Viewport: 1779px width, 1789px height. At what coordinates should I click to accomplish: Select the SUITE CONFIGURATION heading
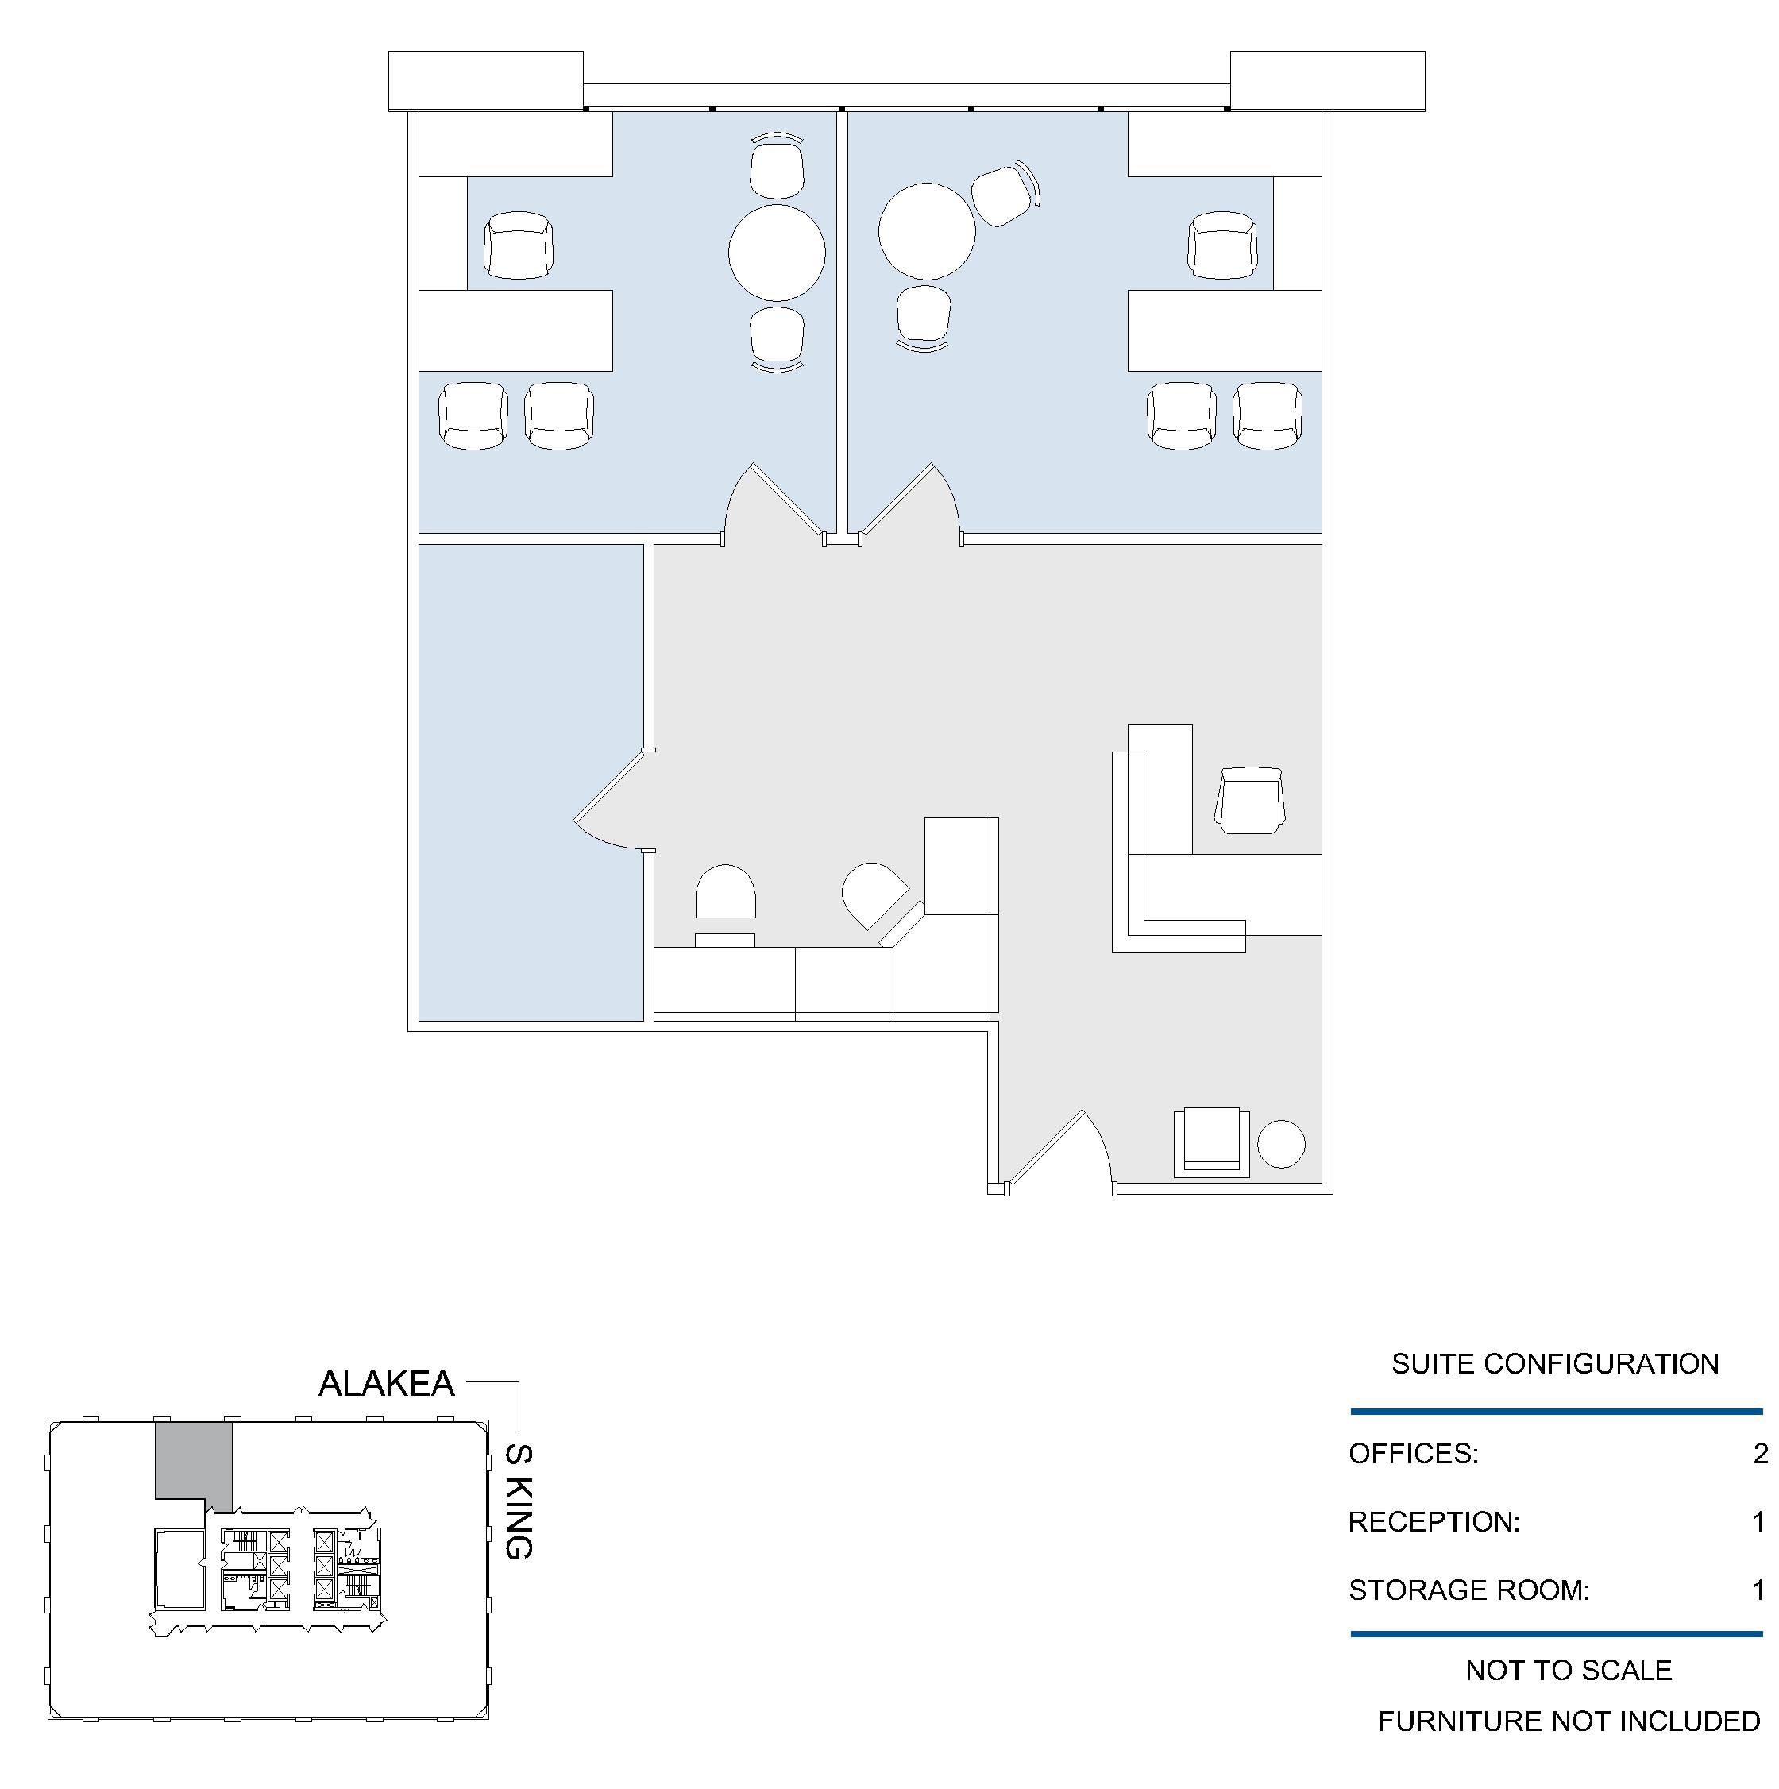(1555, 1363)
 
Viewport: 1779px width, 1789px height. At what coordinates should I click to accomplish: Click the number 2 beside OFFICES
(1761, 1454)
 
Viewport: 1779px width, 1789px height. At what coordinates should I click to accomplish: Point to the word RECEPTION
(1434, 1521)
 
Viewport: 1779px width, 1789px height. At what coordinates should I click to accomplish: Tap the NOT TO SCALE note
(1569, 1671)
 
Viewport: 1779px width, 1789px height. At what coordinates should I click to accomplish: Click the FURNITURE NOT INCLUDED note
(1569, 1721)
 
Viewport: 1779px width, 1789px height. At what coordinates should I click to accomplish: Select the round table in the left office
(777, 253)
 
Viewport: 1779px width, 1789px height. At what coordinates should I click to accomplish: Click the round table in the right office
(927, 231)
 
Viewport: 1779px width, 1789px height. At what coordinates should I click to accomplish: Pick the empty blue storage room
(531, 782)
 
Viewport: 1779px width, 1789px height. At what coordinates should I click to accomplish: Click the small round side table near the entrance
(1282, 1145)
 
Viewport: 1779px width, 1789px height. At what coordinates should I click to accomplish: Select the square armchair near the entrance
(1212, 1142)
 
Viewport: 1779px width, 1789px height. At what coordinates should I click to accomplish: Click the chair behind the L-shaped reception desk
(1249, 800)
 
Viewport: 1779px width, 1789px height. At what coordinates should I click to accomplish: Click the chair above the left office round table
(777, 167)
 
